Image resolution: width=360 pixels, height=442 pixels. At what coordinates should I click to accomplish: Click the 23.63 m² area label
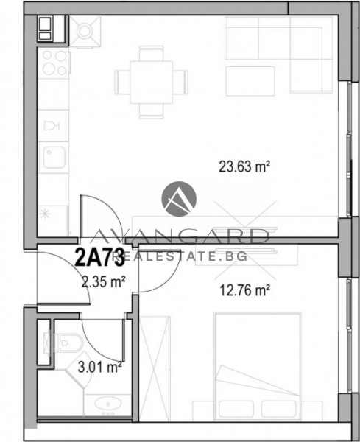244,166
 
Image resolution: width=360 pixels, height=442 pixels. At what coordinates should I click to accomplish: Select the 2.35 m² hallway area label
103,280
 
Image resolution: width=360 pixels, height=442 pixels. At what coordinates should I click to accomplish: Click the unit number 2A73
98,259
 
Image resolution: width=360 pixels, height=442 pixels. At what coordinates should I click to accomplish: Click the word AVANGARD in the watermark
180,237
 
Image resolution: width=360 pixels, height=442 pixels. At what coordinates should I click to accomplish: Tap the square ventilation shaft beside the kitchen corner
86,30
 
